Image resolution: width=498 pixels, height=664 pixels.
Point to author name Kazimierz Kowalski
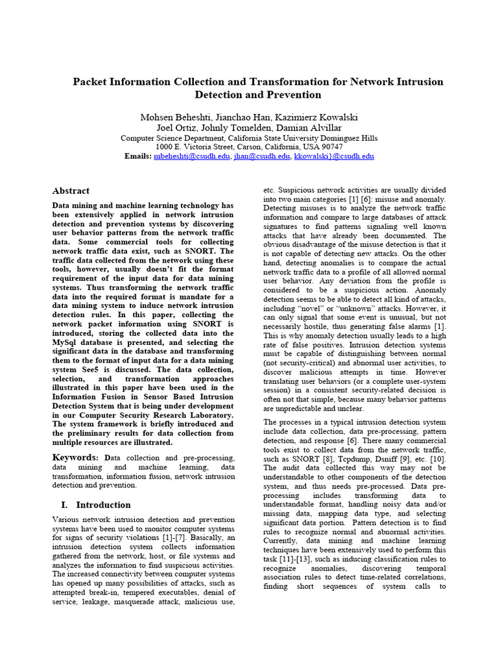(317, 117)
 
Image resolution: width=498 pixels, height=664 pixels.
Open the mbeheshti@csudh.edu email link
(192, 156)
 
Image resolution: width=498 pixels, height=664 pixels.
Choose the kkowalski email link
(333, 156)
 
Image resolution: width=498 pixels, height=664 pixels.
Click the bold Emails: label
(137, 156)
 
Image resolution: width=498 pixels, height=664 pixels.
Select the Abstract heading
(71, 191)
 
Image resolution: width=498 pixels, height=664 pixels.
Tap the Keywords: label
(76, 458)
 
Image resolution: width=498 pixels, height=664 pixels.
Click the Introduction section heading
(103, 504)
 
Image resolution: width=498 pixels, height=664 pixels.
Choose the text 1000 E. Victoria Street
(187, 147)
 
